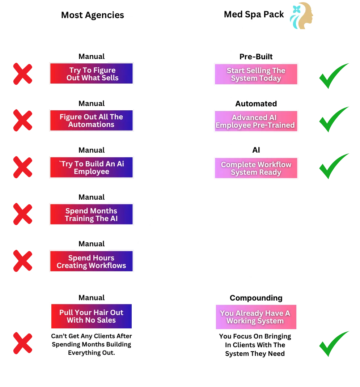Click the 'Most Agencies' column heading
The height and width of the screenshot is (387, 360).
92,15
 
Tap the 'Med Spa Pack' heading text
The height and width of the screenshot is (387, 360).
254,14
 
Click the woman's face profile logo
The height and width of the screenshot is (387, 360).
301,16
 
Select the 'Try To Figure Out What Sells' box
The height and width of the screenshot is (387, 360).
92,73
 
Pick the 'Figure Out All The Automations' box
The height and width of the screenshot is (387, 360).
92,120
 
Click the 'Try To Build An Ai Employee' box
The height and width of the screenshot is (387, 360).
92,167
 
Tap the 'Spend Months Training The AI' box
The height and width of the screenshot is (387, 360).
92,214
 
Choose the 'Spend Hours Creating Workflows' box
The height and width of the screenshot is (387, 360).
92,261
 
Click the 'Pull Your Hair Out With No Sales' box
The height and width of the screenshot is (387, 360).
92,316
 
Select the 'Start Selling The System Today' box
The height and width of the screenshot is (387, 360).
256,74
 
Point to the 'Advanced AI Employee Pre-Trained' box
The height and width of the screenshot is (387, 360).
256,121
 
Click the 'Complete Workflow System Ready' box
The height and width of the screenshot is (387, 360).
256,168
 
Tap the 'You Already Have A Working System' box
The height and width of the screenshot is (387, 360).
256,317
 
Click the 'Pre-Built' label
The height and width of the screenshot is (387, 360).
256,57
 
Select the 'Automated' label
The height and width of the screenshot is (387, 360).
256,104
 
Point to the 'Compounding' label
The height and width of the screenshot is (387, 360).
256,298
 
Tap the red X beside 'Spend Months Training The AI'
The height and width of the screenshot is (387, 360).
23,214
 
